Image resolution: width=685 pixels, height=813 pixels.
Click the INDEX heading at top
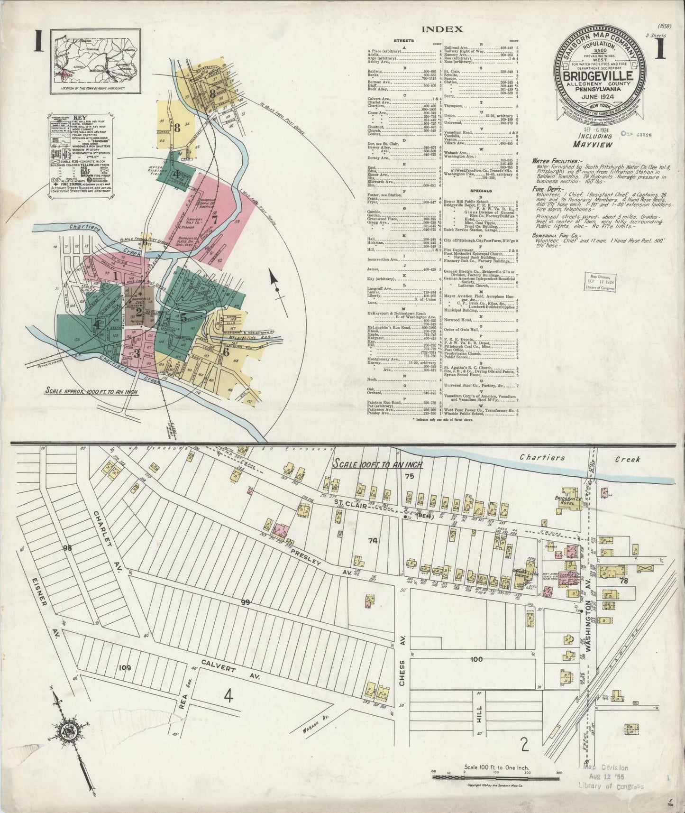[442, 29]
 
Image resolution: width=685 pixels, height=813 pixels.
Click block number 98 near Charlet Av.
[67, 548]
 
